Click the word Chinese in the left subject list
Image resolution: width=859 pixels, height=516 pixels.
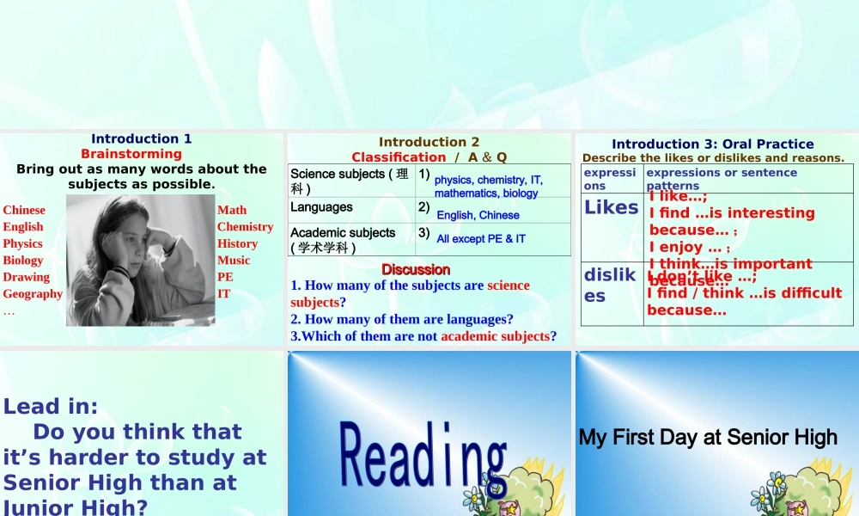(24, 210)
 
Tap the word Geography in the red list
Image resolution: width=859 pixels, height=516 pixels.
(33, 293)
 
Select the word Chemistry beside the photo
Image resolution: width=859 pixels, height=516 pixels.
(245, 227)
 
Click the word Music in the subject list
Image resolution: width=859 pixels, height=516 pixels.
(234, 261)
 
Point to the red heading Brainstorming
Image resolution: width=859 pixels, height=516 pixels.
(131, 154)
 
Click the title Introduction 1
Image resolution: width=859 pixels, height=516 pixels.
(142, 138)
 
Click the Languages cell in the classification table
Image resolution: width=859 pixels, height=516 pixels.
(321, 207)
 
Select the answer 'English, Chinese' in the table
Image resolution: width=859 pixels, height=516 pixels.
(478, 215)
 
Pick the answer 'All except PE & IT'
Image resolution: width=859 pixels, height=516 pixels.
(481, 238)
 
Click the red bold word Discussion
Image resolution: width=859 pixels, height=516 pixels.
(416, 269)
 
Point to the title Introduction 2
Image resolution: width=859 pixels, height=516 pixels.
(429, 142)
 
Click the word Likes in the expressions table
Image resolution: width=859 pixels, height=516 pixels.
(611, 207)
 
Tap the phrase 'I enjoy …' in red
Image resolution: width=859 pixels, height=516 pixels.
(684, 247)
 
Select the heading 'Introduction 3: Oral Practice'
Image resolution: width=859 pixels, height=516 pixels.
(712, 144)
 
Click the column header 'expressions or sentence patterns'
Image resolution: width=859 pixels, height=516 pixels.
(721, 178)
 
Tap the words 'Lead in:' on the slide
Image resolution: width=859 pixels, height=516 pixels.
(51, 406)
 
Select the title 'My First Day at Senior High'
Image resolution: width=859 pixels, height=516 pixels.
(708, 437)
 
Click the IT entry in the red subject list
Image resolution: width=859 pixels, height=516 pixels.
(223, 293)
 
